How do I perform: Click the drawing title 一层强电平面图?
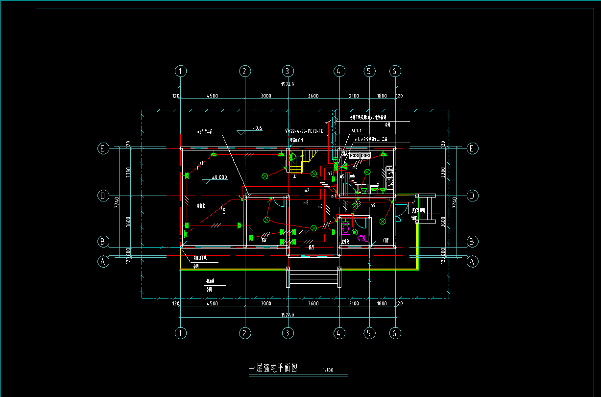pos(274,368)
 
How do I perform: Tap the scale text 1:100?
pos(328,371)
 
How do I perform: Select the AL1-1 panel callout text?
pos(357,131)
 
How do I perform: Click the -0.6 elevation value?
pos(257,128)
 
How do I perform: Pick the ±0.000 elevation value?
pos(219,177)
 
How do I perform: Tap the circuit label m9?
pos(373,205)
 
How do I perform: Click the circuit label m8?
pos(306,202)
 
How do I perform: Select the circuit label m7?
pos(320,206)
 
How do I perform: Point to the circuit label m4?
pos(355,167)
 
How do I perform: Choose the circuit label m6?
pos(352,175)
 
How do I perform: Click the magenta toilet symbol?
pos(362,238)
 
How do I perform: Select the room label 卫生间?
pos(345,242)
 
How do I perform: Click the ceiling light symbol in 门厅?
pos(382,222)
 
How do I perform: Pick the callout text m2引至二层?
pos(205,131)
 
